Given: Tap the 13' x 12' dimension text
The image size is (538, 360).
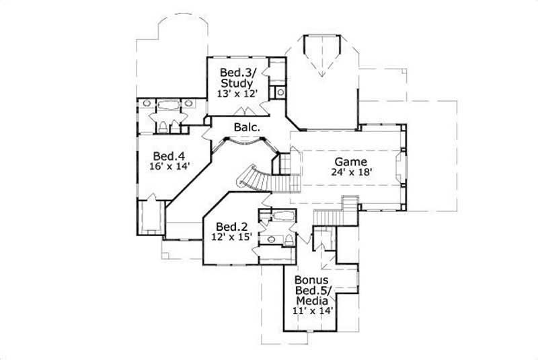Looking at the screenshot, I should [237, 94].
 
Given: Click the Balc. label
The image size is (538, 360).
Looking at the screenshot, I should [247, 127].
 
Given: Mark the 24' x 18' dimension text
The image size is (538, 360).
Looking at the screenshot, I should [351, 172].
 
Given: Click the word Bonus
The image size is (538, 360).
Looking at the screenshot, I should [311, 279].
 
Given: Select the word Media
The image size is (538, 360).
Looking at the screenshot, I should [313, 301].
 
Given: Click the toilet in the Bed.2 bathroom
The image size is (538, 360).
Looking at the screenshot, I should [289, 240].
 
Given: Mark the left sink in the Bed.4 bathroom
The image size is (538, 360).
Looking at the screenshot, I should [145, 104].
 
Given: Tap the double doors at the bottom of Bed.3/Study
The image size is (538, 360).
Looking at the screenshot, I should [240, 112].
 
